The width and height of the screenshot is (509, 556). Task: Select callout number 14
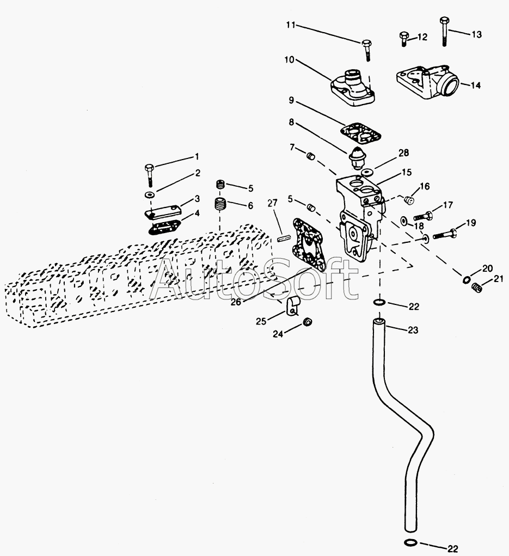475,85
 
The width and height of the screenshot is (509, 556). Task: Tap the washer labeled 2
149,194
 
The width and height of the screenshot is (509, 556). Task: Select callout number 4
197,213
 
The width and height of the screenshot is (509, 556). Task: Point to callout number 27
272,203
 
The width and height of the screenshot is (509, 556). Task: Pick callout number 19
470,222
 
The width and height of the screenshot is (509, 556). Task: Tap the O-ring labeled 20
467,280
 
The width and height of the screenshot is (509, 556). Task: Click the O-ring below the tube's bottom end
412,542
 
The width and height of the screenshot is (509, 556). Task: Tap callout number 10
287,59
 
